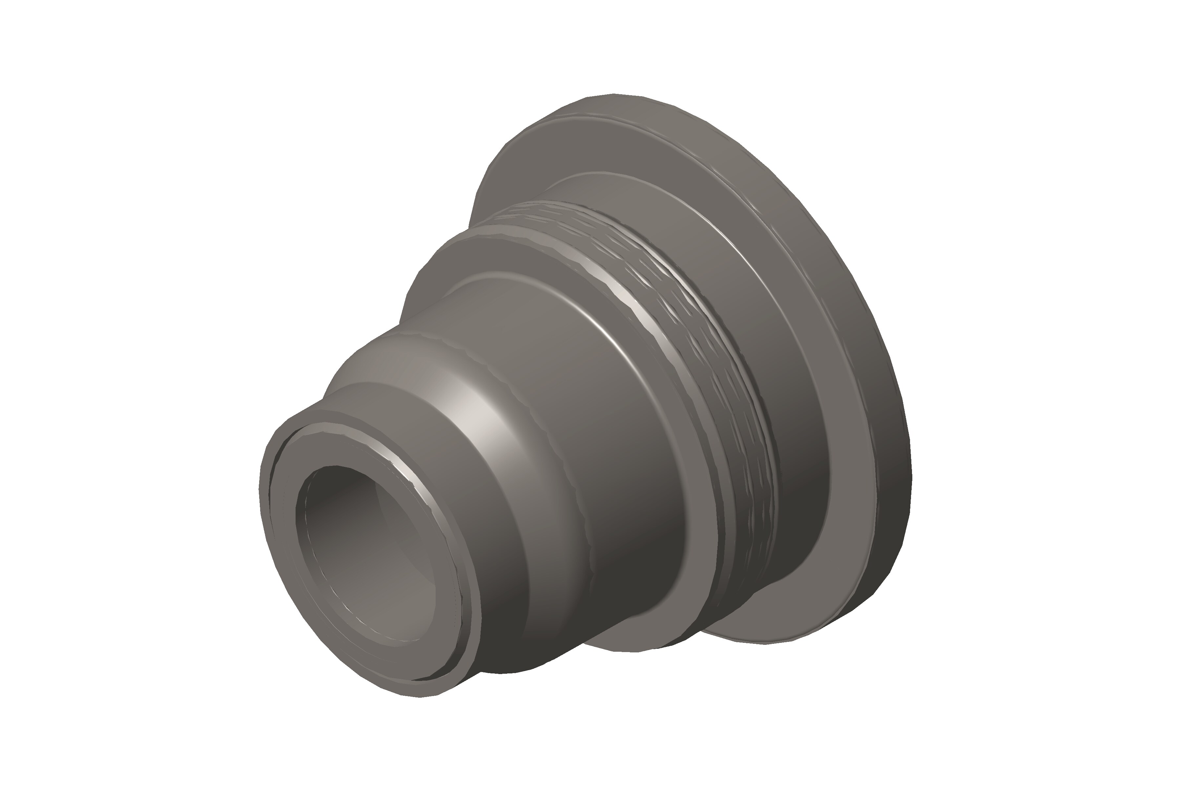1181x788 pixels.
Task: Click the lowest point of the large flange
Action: click(783, 642)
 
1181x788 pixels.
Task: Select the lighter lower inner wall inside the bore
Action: click(392, 603)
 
